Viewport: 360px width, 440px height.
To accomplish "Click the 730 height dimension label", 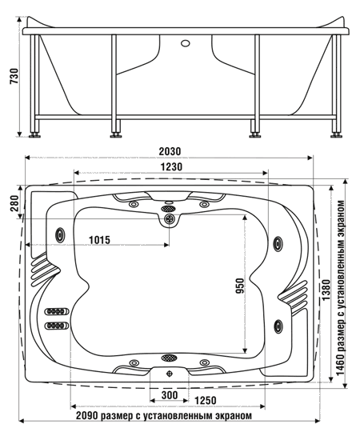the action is [14, 76].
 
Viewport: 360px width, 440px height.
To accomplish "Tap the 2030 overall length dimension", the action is [170, 151].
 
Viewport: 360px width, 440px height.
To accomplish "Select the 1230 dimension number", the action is [171, 167].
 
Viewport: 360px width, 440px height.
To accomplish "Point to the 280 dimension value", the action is [14, 203].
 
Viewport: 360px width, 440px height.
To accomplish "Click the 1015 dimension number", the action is [100, 240].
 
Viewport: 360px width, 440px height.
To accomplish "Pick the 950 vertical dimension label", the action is [240, 286].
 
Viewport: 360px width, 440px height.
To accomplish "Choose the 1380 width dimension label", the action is [326, 290].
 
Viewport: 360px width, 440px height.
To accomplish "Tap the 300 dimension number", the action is [170, 395].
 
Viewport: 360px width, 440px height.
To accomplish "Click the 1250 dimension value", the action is [205, 401].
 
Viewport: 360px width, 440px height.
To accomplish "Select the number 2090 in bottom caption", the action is [87, 415].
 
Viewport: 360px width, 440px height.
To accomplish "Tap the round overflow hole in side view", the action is [185, 43].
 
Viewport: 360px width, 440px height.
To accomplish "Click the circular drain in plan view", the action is [170, 218].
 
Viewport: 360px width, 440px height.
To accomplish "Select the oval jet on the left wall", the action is [60, 235].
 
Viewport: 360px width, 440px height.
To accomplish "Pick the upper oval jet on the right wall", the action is [278, 242].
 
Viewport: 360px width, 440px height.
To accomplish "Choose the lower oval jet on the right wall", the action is [278, 326].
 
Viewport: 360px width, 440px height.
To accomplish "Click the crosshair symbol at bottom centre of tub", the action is [170, 374].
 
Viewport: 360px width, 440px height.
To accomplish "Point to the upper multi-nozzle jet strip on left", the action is [56, 311].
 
